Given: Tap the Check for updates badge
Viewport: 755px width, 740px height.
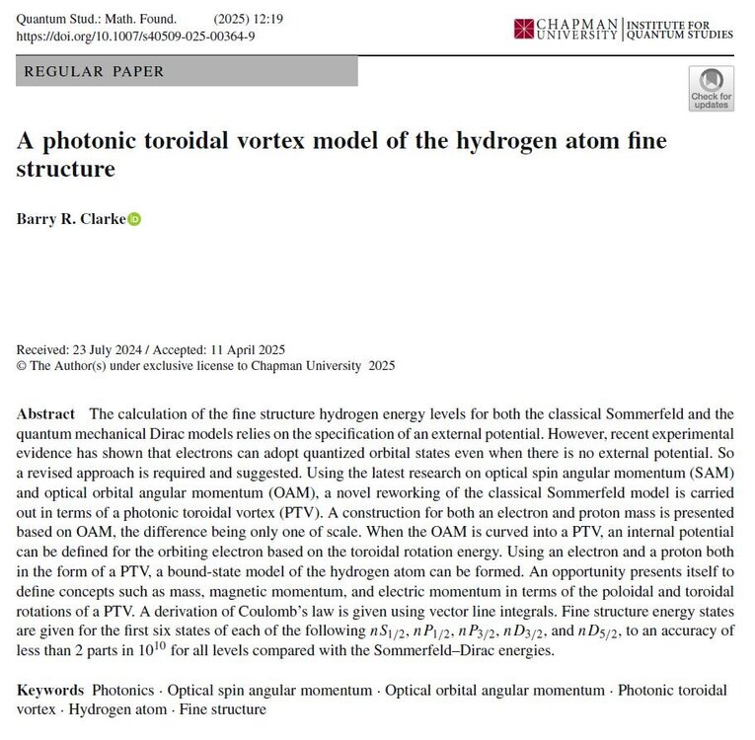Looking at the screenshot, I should coord(711,88).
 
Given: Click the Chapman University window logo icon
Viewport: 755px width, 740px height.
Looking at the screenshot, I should coord(523,29).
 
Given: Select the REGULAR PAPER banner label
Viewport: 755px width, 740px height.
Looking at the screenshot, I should coord(94,71).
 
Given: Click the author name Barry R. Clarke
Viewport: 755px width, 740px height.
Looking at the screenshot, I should coord(71,219).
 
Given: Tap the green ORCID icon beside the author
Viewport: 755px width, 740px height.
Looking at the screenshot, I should coord(135,219).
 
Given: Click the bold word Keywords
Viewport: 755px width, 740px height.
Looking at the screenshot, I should coord(50,690).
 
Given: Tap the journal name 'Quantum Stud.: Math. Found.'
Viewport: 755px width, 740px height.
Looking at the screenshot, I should coord(97,18).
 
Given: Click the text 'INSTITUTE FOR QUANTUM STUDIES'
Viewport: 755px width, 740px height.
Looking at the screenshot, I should coord(681,28).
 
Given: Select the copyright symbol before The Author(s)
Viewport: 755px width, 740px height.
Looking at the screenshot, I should coord(22,366).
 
